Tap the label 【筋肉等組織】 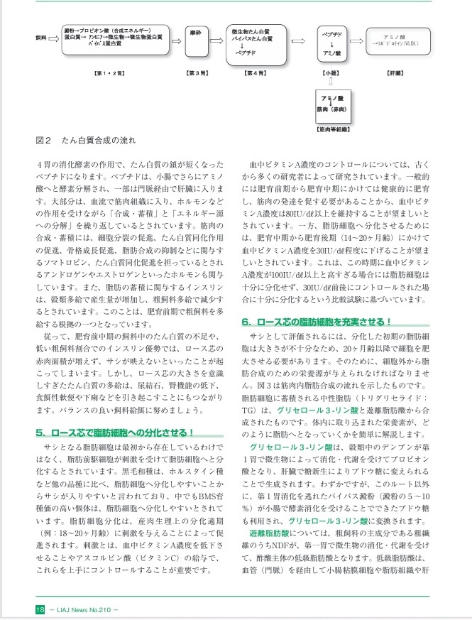click(x=331, y=131)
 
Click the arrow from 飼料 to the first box click(x=53, y=40)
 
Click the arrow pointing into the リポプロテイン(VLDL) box click(x=355, y=40)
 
